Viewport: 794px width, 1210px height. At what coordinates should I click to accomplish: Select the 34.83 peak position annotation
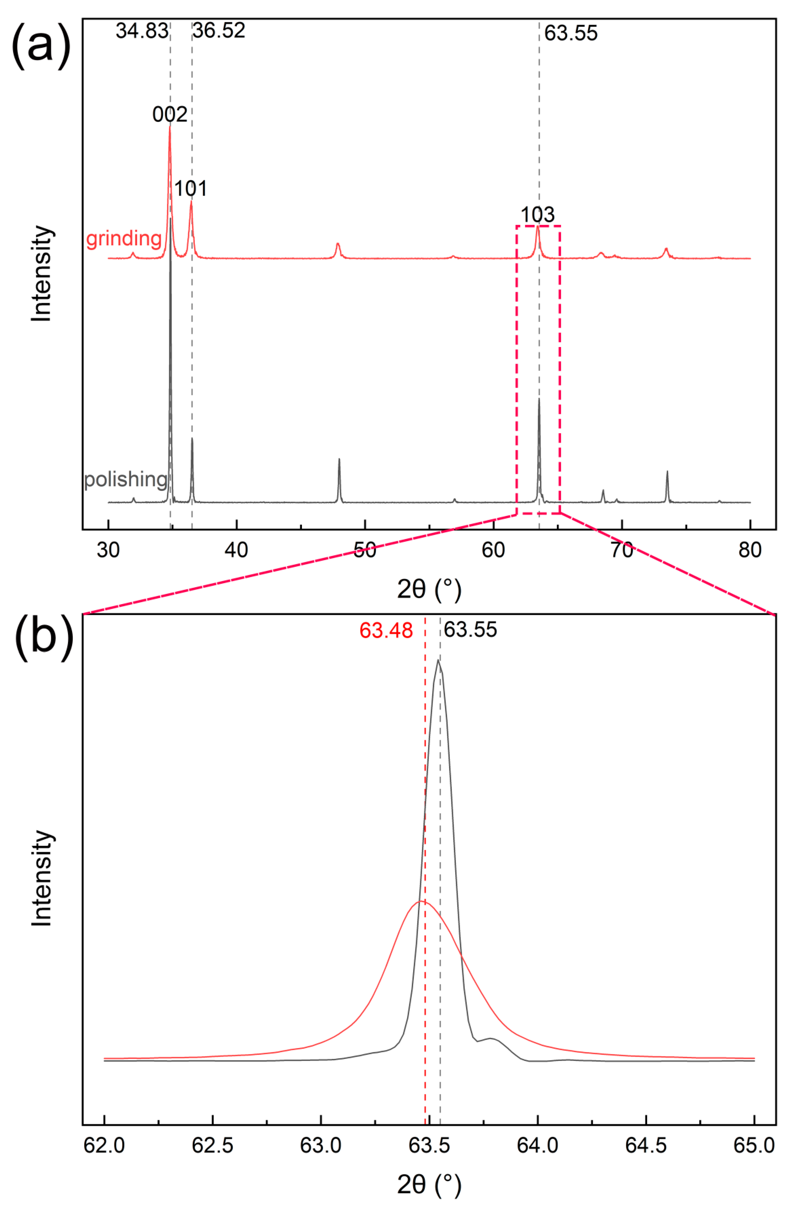(141, 31)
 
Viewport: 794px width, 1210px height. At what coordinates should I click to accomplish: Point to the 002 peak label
(170, 114)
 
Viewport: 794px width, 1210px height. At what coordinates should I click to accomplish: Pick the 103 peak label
(537, 215)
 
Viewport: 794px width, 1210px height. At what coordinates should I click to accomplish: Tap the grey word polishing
(125, 479)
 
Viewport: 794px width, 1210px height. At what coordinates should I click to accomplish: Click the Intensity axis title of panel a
(42, 273)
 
